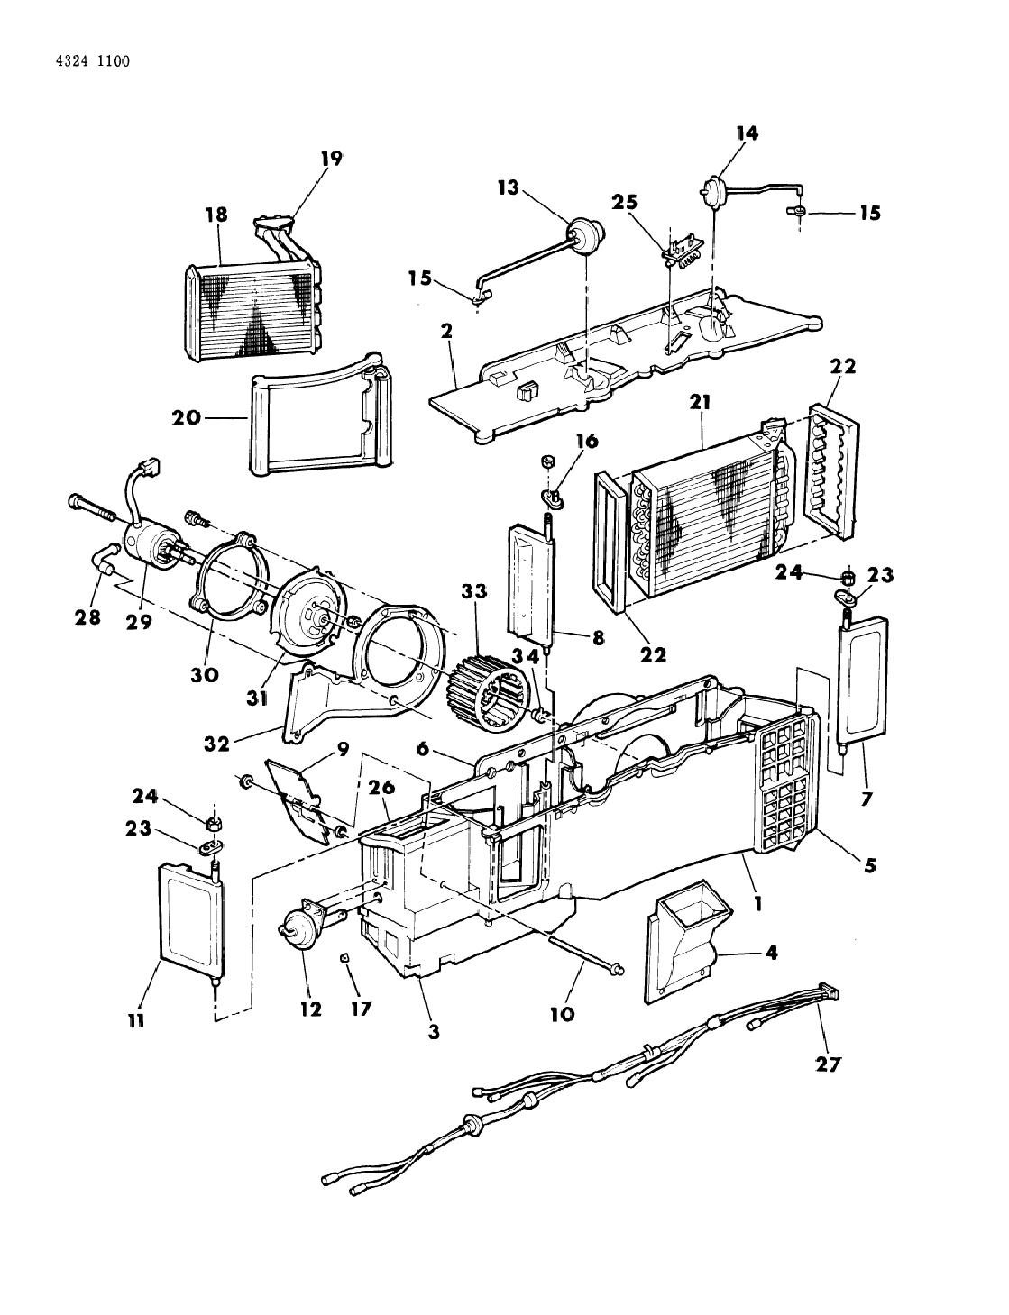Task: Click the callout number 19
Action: pyautogui.click(x=331, y=160)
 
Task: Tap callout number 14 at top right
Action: pyautogui.click(x=747, y=133)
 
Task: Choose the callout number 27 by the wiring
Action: pyautogui.click(x=828, y=1064)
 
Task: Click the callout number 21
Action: pyautogui.click(x=701, y=406)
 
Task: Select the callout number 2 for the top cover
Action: pyautogui.click(x=445, y=331)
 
